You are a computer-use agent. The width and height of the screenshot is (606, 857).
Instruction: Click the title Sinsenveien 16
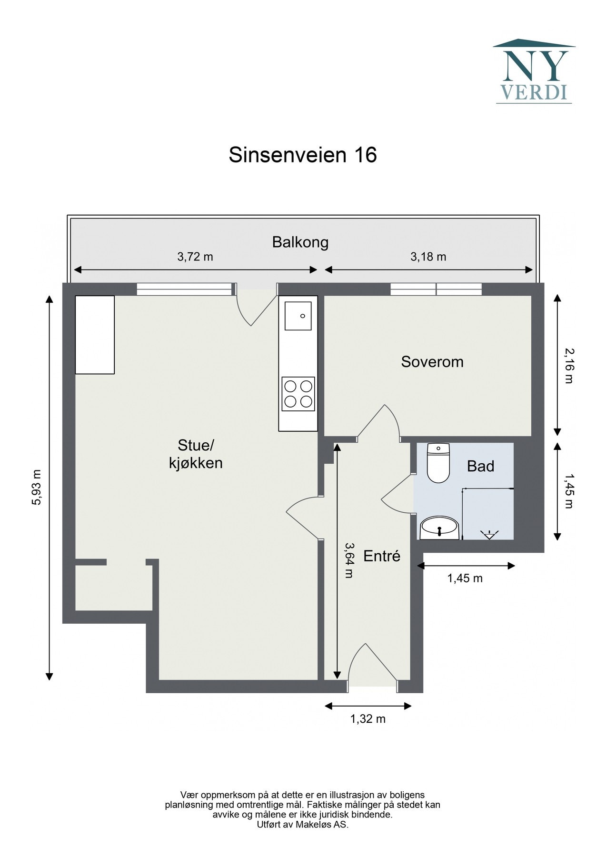[x=303, y=155]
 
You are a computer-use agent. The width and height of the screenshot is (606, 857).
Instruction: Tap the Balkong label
[x=300, y=242]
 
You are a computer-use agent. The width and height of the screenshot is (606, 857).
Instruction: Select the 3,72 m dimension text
[x=195, y=257]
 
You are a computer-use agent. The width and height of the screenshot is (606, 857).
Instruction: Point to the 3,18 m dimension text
[x=428, y=257]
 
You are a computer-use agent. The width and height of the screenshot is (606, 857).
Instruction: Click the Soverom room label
[x=432, y=362]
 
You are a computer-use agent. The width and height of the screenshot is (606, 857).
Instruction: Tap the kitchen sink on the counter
[x=298, y=315]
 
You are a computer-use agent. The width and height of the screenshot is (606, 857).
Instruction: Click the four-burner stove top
[x=298, y=394]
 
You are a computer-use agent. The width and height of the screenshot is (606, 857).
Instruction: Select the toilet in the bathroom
[x=438, y=463]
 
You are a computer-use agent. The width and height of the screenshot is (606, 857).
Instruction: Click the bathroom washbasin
[x=439, y=528]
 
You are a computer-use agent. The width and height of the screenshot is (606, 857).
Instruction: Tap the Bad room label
[x=480, y=466]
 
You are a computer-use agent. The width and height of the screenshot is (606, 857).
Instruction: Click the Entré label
[x=382, y=556]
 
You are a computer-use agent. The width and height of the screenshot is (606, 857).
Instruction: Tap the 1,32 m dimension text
[x=368, y=719]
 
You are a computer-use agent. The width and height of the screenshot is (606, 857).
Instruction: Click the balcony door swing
[x=257, y=309]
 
